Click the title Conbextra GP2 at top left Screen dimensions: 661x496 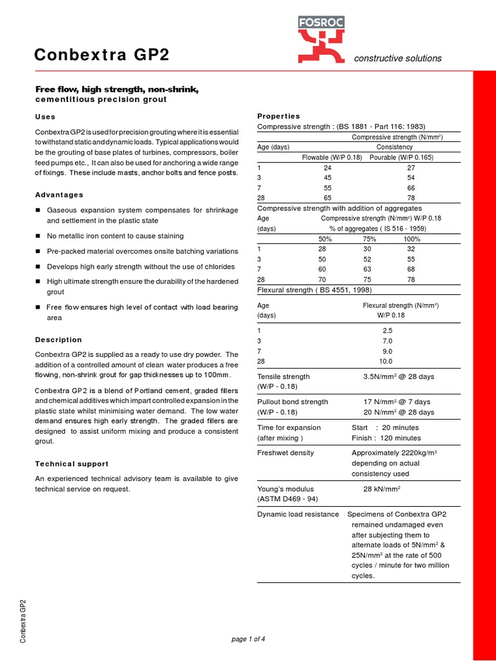pos(102,56)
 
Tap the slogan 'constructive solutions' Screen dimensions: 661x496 pos(398,59)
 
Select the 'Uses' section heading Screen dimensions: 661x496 pos(45,117)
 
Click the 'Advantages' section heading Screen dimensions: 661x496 pos(59,194)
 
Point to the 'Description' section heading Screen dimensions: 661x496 pos(58,340)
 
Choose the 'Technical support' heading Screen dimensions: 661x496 pos(72,463)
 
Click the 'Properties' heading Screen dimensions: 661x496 pos(279,116)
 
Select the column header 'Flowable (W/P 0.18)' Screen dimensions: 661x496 pos(332,157)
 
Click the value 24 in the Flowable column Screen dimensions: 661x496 pos(327,167)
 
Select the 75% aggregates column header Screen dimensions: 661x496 pos(367,238)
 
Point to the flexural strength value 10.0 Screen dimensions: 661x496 pos(386,361)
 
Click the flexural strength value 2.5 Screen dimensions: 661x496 pos(387,330)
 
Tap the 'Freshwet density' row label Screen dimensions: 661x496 pos(285,453)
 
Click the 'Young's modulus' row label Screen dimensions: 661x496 pos(284,489)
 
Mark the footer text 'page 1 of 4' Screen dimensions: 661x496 pos(248,639)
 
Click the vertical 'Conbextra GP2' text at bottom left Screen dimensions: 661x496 pos(23,622)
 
